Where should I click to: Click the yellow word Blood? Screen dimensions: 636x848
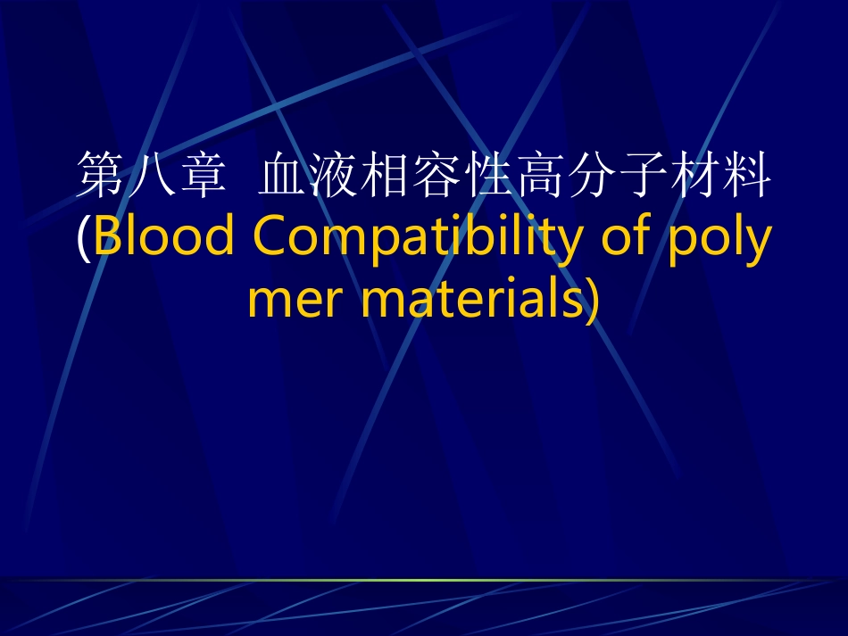click(164, 235)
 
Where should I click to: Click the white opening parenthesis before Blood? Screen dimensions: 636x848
click(83, 237)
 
